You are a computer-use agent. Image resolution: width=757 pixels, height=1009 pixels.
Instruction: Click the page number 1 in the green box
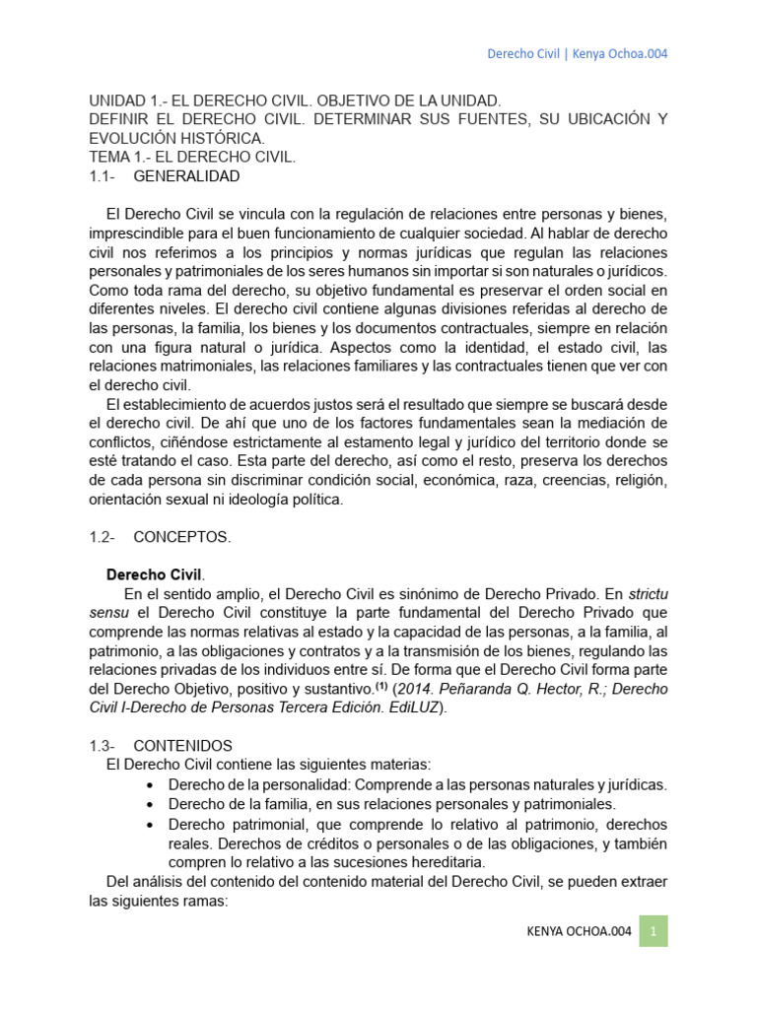(x=654, y=930)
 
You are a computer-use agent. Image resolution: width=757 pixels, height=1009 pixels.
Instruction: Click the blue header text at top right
(x=578, y=53)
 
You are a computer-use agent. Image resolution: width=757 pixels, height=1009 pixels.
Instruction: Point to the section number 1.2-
(x=102, y=537)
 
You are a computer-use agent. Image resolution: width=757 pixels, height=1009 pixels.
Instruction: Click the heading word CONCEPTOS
(x=182, y=537)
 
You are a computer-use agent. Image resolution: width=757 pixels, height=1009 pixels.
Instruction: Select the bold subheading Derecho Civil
(x=154, y=573)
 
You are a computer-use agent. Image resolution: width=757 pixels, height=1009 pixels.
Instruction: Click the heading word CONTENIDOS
(x=182, y=746)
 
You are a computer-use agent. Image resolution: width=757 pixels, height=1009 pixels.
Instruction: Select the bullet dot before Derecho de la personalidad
(x=148, y=785)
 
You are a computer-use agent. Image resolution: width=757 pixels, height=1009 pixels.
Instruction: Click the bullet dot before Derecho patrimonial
(x=148, y=824)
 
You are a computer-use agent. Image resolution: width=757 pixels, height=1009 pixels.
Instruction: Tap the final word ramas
(x=204, y=901)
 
